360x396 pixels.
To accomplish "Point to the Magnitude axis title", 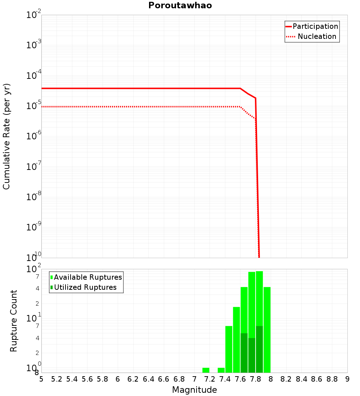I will coord(194,390).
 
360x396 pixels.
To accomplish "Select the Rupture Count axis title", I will coord(14,321).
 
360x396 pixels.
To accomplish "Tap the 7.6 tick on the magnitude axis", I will coord(240,379).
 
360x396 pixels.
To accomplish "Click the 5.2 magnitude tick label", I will coord(57,379).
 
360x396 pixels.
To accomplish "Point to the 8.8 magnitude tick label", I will coord(332,379).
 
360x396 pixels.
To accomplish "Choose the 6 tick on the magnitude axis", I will coord(118,379).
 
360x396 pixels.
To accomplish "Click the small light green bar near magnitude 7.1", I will coord(206,370).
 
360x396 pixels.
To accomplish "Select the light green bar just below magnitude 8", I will coord(267,329).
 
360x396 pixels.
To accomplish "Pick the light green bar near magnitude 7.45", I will coord(229,349).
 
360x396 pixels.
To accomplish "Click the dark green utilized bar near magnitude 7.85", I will coord(259,349).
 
